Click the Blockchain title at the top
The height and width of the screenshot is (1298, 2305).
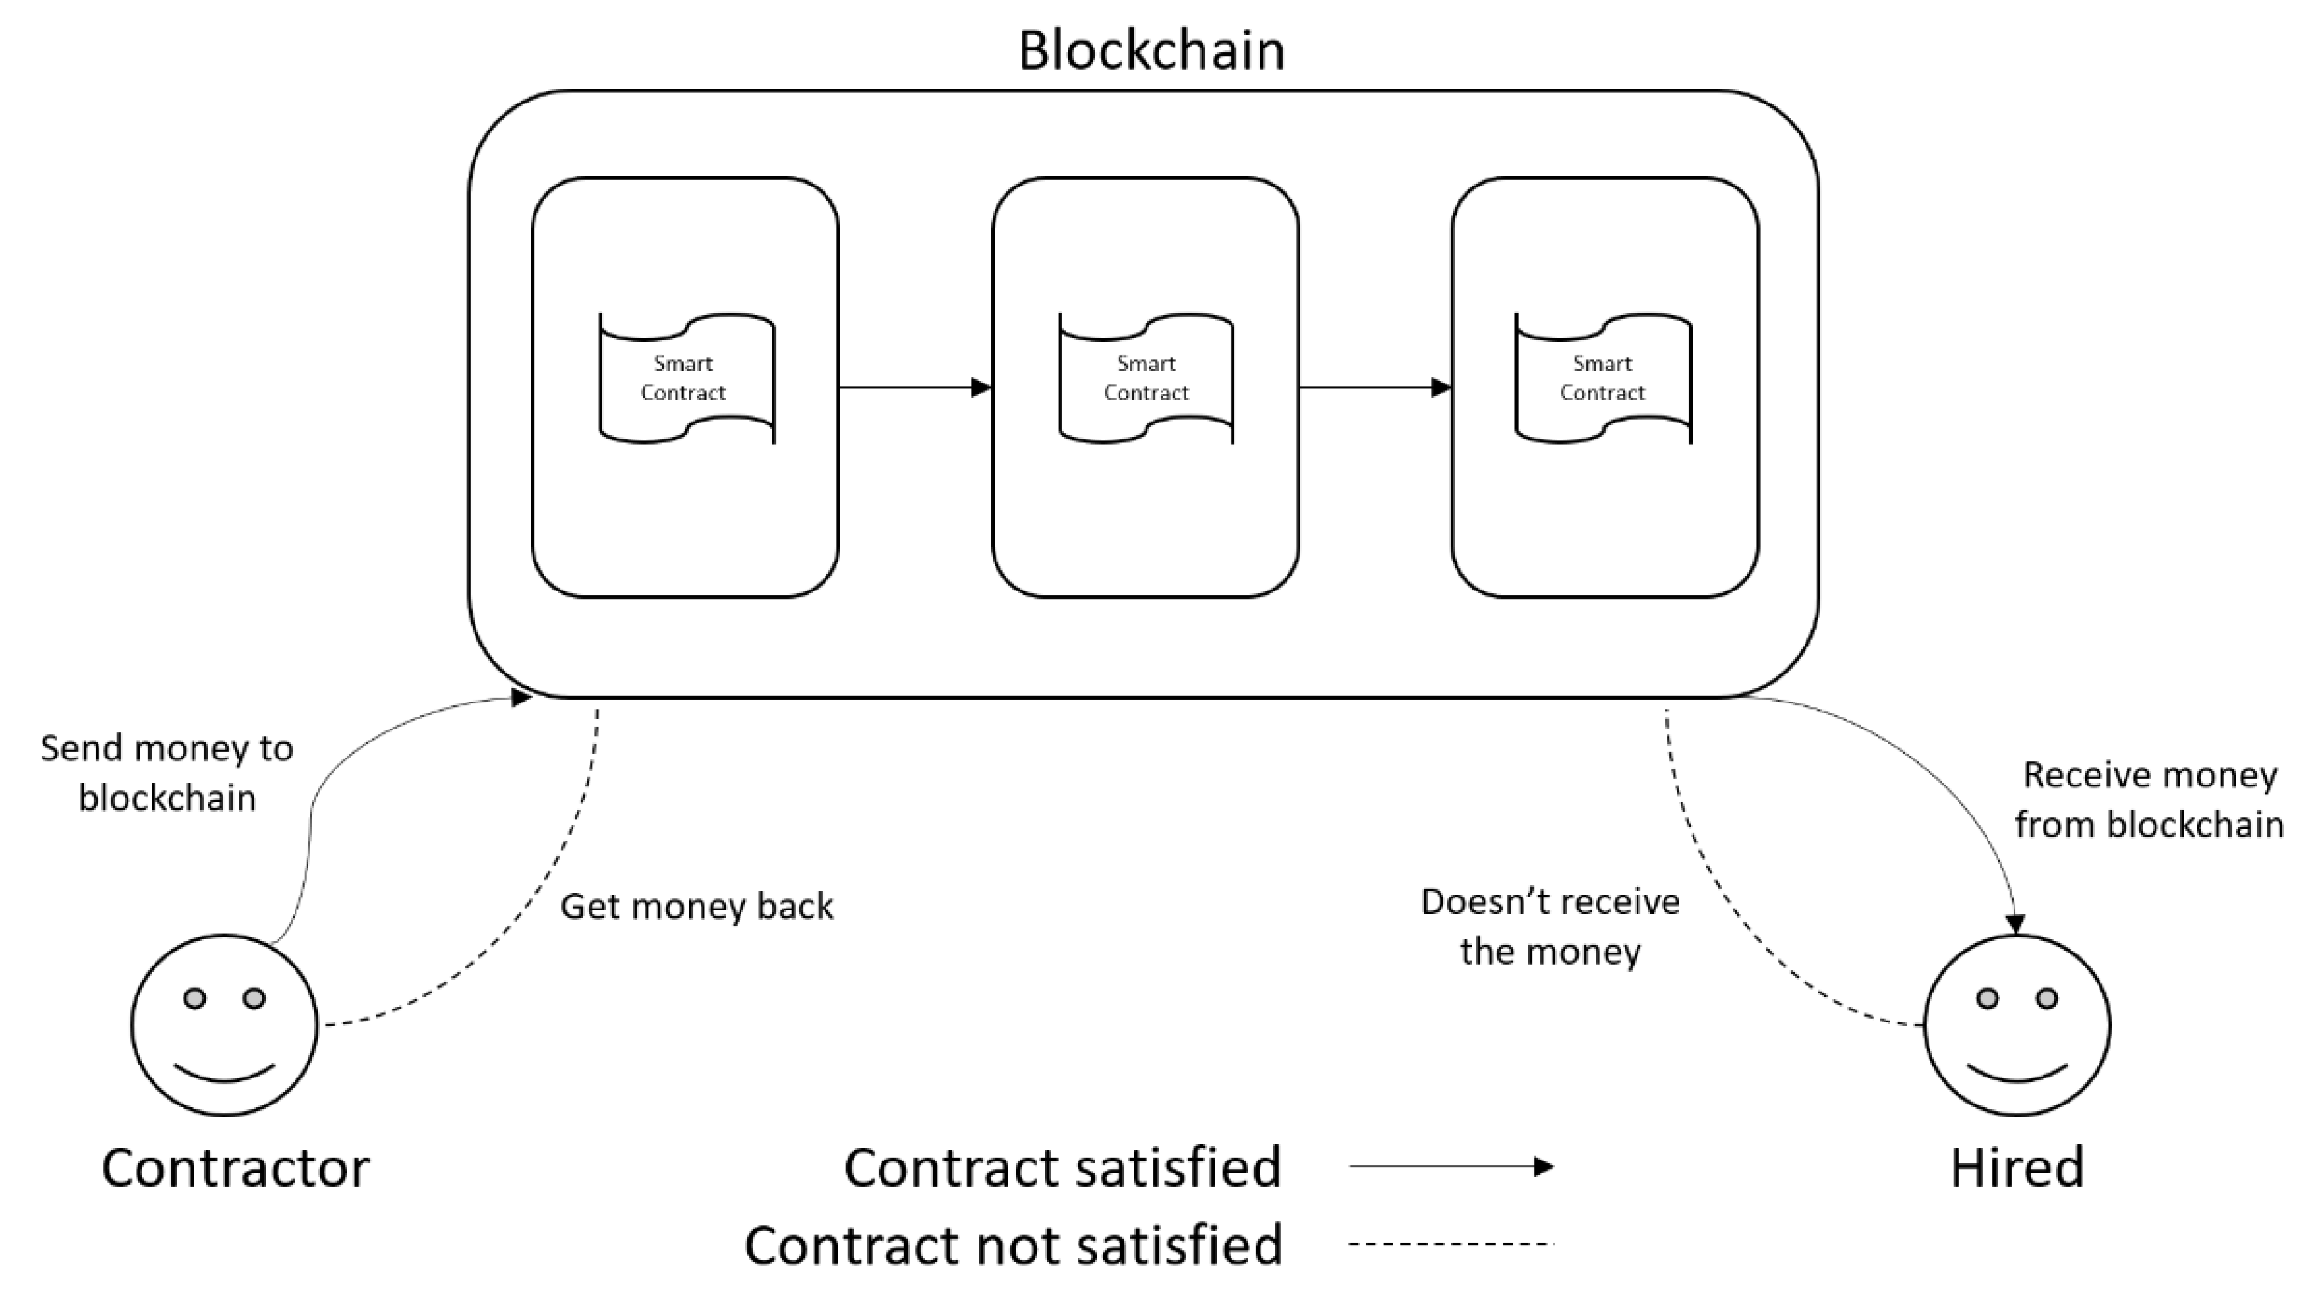click(x=1152, y=51)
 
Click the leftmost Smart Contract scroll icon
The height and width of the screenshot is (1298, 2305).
click(x=686, y=378)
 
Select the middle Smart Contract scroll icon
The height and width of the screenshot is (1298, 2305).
click(x=1146, y=378)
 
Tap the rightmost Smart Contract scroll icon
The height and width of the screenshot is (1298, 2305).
click(x=1603, y=378)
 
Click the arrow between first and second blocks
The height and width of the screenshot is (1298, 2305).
click(x=915, y=388)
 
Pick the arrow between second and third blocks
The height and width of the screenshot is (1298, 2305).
click(x=1375, y=388)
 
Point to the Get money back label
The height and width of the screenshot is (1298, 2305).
click(x=696, y=906)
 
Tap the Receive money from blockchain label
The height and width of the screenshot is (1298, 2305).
click(x=2150, y=800)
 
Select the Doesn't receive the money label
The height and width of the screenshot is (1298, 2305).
click(x=1550, y=927)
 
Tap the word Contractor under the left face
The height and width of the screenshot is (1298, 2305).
click(x=235, y=1167)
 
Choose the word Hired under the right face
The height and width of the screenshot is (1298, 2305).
click(x=2017, y=1167)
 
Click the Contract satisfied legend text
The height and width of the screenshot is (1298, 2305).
click(x=1062, y=1167)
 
